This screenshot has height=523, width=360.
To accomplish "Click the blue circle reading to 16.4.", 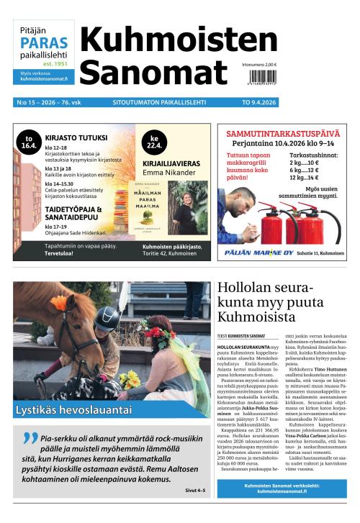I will click(x=30, y=142).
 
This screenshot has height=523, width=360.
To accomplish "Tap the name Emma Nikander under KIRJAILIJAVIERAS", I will click(x=170, y=172).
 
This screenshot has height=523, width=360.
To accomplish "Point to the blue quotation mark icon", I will click(x=30, y=440).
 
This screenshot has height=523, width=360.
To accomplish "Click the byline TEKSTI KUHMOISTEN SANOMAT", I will click(x=241, y=336).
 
